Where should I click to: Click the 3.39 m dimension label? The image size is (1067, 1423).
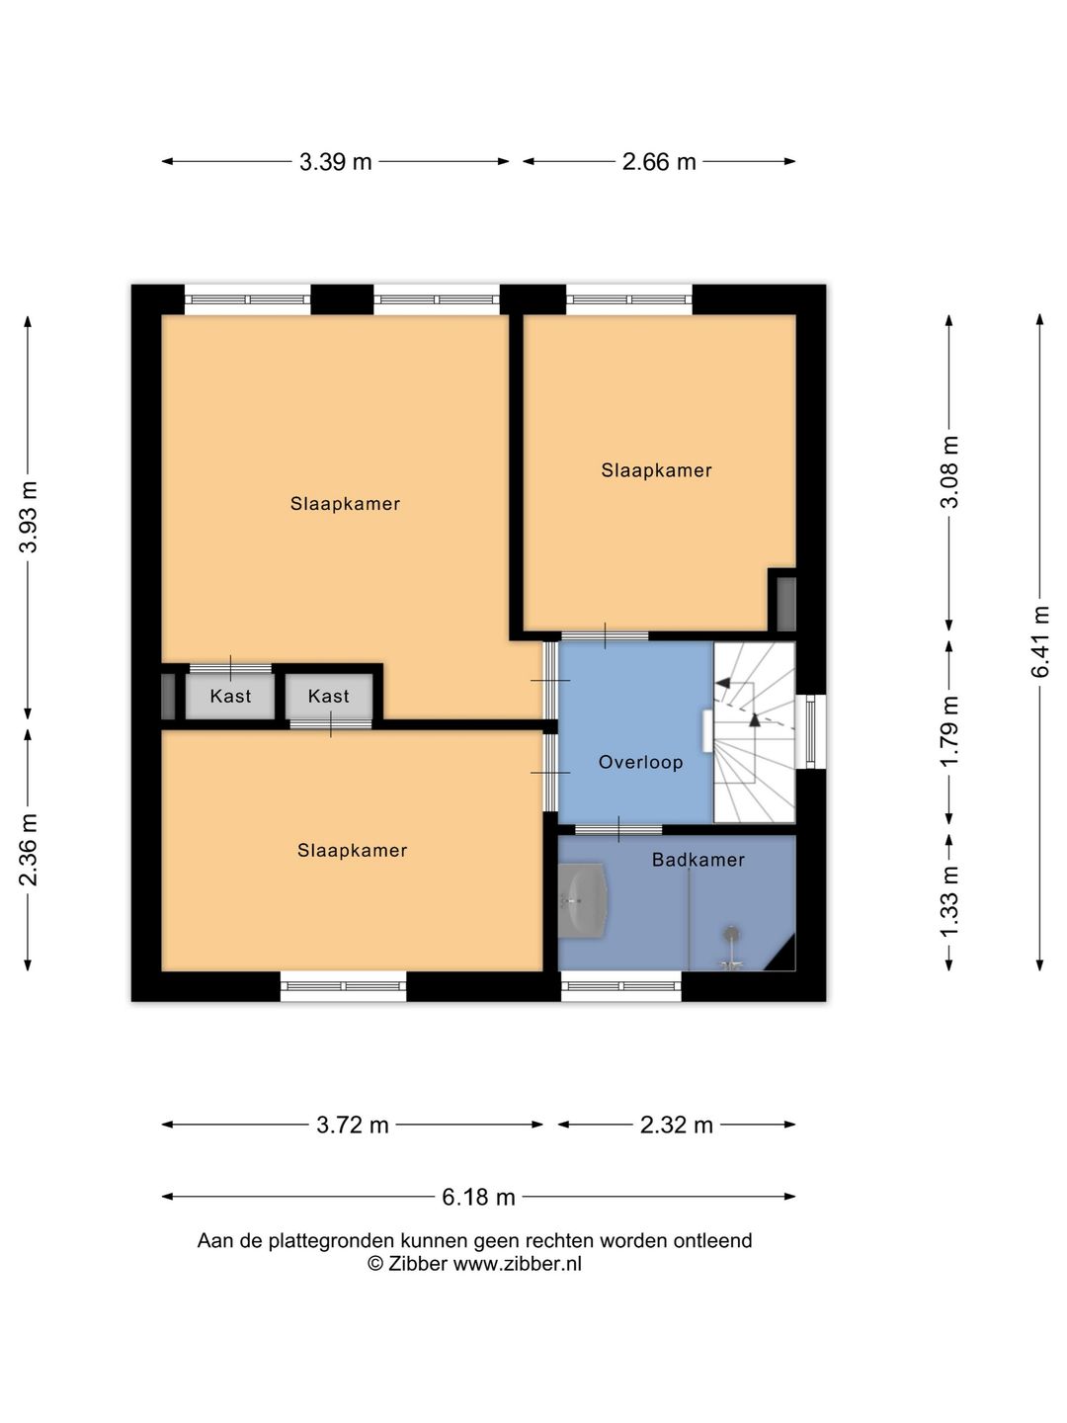point(335,161)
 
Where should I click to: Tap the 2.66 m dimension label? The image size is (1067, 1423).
point(658,161)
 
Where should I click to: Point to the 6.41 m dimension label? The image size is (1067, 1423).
point(1039,641)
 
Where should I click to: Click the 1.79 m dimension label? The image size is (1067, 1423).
point(949,730)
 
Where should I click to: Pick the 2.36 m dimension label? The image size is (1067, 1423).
point(28,850)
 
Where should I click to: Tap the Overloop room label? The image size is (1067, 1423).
point(640,762)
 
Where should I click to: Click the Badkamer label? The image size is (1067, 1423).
point(698,860)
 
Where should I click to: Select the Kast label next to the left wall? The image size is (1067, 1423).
point(230,697)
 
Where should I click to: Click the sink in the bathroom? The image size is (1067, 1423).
point(583,900)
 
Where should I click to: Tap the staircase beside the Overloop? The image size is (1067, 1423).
point(754,732)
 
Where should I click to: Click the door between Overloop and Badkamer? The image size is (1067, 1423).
point(618,830)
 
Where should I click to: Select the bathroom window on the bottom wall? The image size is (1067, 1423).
point(620,986)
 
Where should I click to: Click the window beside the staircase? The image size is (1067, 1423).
point(810,731)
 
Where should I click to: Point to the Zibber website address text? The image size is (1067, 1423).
point(517,1264)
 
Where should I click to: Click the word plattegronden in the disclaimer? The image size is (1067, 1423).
point(331,1241)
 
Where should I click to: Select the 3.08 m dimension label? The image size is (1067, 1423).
point(949,472)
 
